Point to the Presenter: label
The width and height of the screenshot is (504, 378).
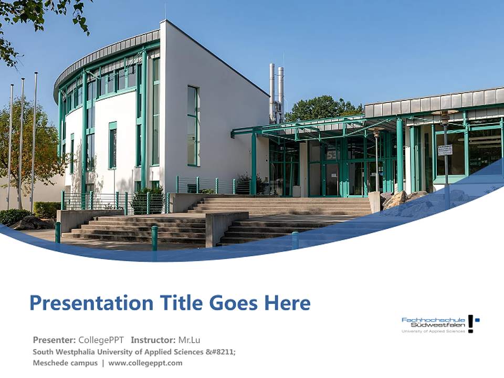pos(54,340)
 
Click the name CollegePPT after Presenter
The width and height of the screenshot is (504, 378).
pos(101,340)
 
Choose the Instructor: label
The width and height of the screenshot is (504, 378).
pos(153,340)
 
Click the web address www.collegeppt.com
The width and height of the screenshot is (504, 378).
pos(145,363)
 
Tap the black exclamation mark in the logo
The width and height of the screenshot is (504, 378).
pos(471,323)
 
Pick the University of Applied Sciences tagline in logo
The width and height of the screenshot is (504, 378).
pos(433,331)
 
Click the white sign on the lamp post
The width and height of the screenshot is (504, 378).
pos(445,150)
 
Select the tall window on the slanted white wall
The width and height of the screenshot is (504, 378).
pos(193,126)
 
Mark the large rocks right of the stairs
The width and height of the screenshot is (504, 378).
pos(402,200)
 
